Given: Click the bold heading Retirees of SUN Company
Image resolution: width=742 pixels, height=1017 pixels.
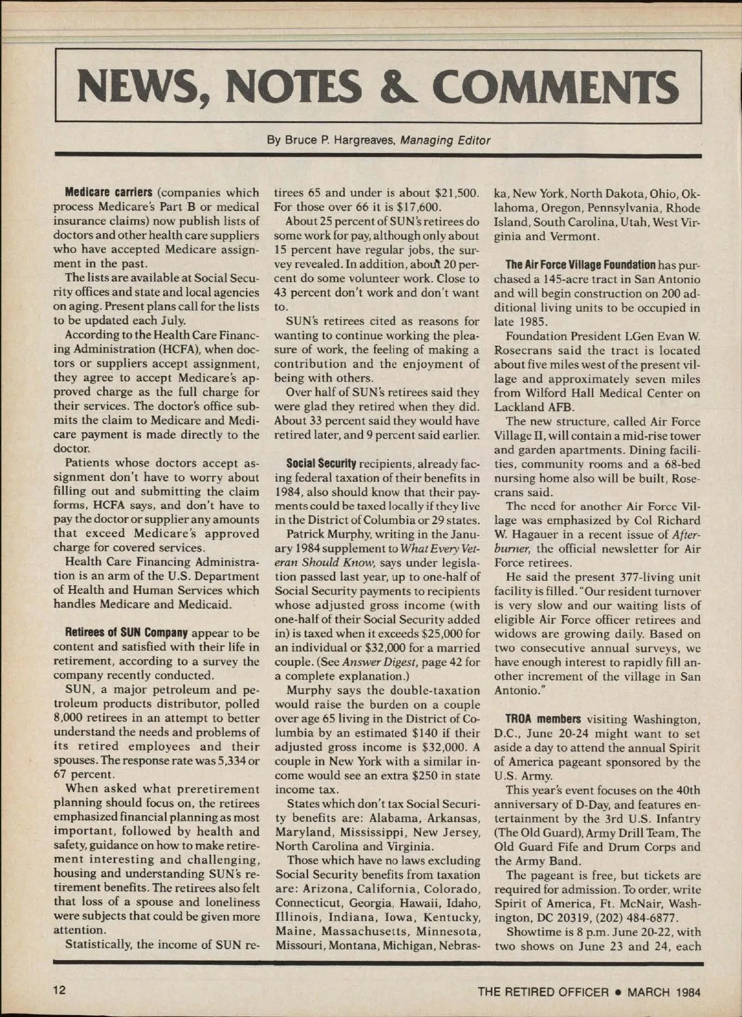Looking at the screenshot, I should click(x=126, y=633).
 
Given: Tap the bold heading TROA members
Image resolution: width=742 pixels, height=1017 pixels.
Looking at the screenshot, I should click(x=543, y=719).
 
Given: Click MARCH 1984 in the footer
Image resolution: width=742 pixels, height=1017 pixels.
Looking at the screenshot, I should click(x=663, y=992).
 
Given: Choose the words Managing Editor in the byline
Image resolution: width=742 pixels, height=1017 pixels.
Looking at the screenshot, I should click(x=445, y=140).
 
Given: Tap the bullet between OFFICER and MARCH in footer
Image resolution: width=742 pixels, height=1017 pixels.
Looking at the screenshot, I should click(x=618, y=992).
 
